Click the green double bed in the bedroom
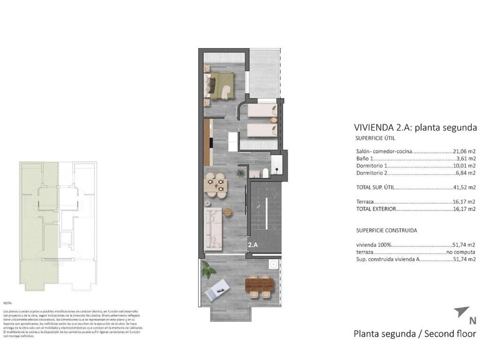220,84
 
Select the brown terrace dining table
259,286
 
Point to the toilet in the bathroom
265,174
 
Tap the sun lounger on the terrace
220,288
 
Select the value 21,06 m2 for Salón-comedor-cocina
464,151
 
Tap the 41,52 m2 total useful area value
464,187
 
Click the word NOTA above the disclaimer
7,302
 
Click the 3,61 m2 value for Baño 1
466,159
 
